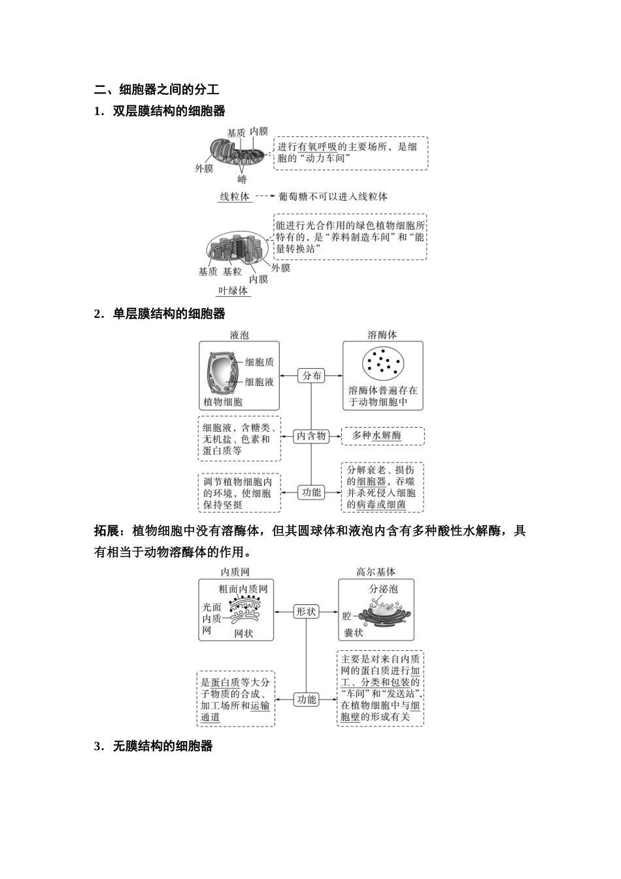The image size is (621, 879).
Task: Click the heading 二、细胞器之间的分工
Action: pyautogui.click(x=156, y=90)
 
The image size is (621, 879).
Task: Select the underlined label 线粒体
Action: pyautogui.click(x=235, y=196)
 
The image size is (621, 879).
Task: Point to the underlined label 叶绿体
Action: pyautogui.click(x=233, y=291)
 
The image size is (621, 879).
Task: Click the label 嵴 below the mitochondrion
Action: pyautogui.click(x=242, y=179)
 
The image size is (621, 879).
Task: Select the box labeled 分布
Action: pyautogui.click(x=311, y=375)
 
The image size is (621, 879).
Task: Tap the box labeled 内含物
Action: pyautogui.click(x=311, y=436)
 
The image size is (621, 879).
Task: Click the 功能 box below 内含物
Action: pyautogui.click(x=311, y=492)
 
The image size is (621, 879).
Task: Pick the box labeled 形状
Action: pyautogui.click(x=306, y=612)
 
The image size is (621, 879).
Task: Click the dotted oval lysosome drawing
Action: pyautogui.click(x=383, y=364)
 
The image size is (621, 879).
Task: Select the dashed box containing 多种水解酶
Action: pyautogui.click(x=383, y=436)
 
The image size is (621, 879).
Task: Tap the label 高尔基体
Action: pyautogui.click(x=376, y=572)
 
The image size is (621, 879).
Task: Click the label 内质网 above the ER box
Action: pyautogui.click(x=235, y=572)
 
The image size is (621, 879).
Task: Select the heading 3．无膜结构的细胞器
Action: pyautogui.click(x=154, y=746)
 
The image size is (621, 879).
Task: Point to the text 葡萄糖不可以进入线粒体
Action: pyautogui.click(x=333, y=196)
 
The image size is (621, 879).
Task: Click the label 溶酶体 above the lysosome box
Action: pyautogui.click(x=382, y=335)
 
